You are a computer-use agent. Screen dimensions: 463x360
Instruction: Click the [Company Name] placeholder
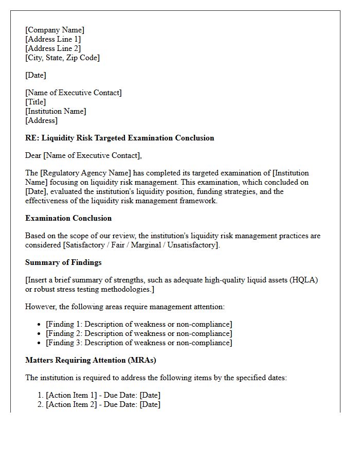click(55, 30)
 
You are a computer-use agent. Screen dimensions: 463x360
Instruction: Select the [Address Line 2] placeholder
click(53, 48)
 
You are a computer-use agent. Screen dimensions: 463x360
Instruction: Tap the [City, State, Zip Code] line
click(62, 58)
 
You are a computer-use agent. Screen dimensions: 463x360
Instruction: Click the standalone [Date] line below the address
click(35, 75)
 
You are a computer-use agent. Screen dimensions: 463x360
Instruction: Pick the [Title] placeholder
click(35, 102)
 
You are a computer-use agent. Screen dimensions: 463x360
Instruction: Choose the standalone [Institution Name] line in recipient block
click(56, 111)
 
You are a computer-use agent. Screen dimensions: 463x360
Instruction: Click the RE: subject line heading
click(119, 138)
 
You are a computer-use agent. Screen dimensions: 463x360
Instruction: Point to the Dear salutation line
click(83, 155)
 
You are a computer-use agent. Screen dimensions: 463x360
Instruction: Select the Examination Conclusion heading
click(68, 218)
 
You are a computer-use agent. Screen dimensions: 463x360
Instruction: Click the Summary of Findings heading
click(63, 262)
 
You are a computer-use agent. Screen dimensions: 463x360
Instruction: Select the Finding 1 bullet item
click(139, 324)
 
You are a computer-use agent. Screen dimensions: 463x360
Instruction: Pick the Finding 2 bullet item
click(139, 333)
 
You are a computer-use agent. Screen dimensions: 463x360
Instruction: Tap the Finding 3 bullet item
click(139, 343)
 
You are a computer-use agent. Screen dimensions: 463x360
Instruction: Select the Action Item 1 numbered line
click(103, 395)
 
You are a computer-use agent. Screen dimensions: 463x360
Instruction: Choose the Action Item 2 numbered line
click(103, 404)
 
